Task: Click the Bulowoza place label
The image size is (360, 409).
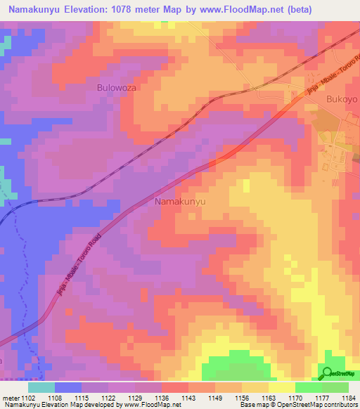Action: tap(115, 89)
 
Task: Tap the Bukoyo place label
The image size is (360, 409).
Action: tap(342, 99)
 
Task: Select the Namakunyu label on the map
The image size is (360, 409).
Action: tap(179, 201)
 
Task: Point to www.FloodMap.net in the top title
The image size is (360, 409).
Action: tap(236, 9)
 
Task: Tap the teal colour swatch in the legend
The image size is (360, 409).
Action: tap(41, 387)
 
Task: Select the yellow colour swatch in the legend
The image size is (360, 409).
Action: tap(281, 387)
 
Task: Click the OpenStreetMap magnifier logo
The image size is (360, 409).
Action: tap(326, 374)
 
